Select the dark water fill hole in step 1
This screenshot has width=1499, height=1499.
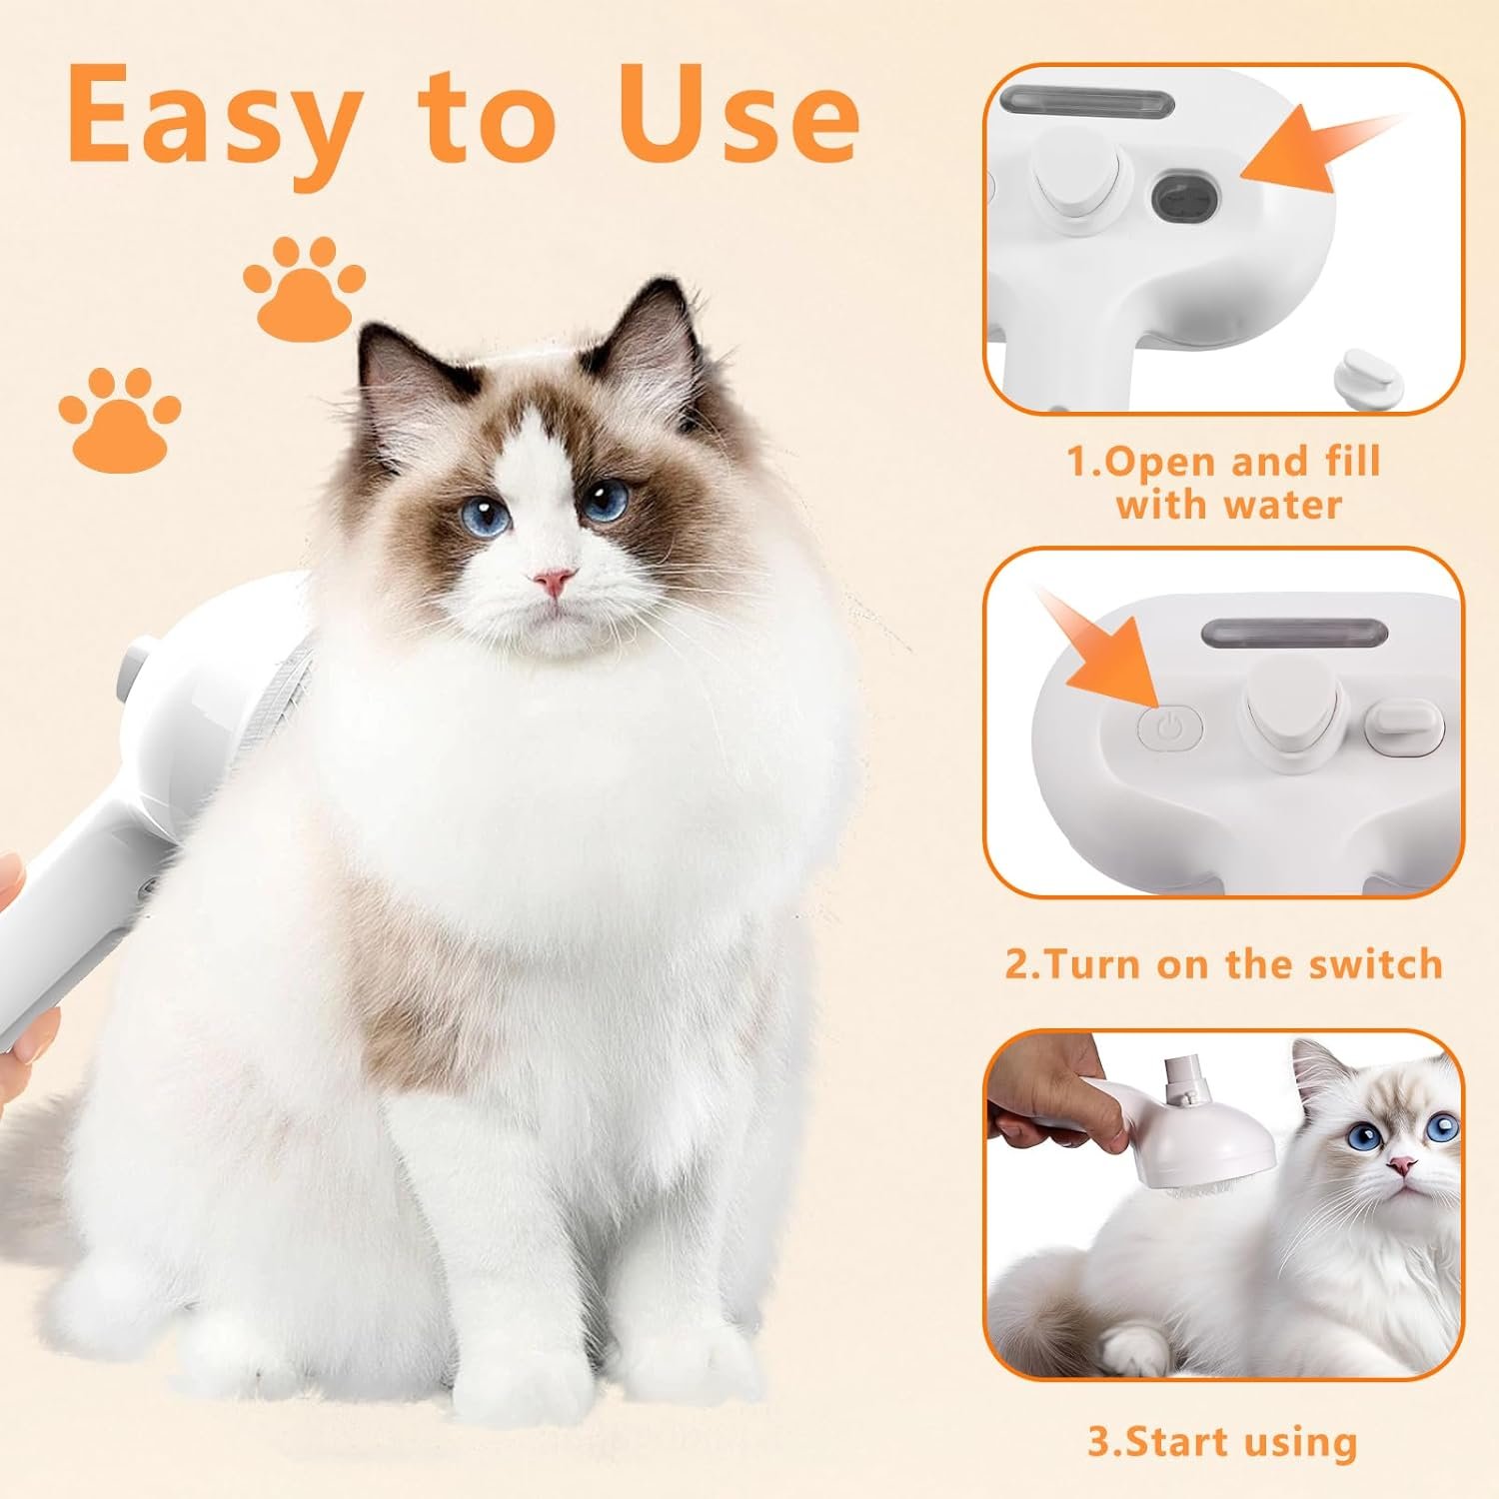coord(1186,197)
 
